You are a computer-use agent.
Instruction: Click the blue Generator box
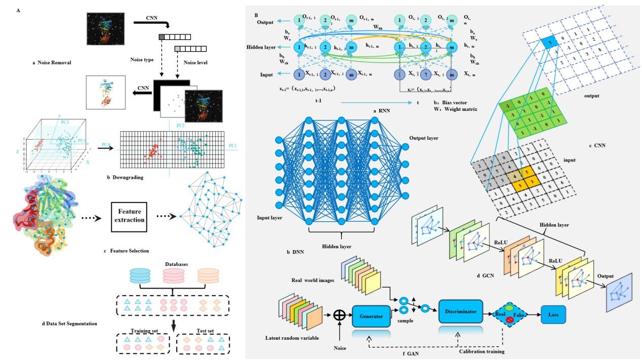[371, 315]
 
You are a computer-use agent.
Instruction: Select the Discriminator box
[461, 311]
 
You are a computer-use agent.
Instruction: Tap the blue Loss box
[553, 314]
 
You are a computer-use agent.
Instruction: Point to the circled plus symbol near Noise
[340, 315]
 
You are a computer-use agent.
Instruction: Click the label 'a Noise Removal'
[52, 63]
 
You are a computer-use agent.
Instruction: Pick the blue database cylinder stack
[140, 275]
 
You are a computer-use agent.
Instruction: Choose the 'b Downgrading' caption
[127, 177]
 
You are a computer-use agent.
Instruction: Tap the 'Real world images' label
[312, 280]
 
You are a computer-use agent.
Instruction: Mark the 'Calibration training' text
[481, 351]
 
